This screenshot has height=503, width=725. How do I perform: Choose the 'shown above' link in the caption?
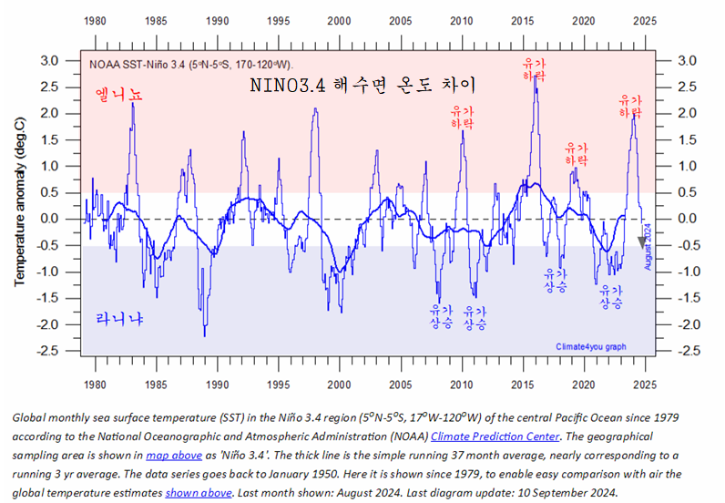pyautogui.click(x=199, y=492)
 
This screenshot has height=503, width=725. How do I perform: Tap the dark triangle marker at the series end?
pyautogui.click(x=641, y=241)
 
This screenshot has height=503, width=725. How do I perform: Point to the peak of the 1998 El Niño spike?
pyautogui.click(x=315, y=109)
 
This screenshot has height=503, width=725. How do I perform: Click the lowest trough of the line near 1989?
pyautogui.click(x=204, y=335)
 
